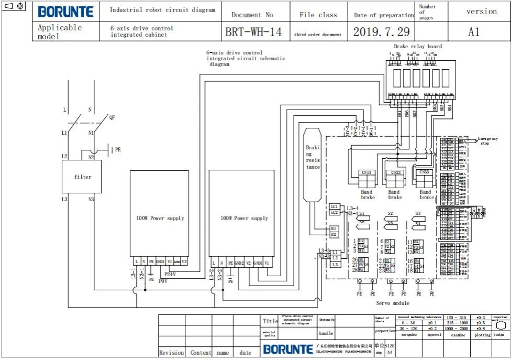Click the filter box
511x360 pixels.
[x=82, y=177]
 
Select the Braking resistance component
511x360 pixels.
[x=313, y=164]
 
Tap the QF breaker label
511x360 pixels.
[x=112, y=118]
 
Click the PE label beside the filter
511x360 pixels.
[x=117, y=149]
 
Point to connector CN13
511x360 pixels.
[x=366, y=172]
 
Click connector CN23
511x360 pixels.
[x=395, y=172]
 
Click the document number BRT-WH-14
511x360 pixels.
[x=253, y=32]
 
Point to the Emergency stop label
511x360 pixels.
[x=488, y=140]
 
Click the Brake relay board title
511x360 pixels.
[x=418, y=47]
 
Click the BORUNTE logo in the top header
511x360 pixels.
[x=66, y=12]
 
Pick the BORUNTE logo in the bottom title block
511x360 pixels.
[x=287, y=349]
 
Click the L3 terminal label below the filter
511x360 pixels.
[x=64, y=199]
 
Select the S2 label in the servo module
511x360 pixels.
[x=390, y=213]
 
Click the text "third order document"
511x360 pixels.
[x=317, y=35]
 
